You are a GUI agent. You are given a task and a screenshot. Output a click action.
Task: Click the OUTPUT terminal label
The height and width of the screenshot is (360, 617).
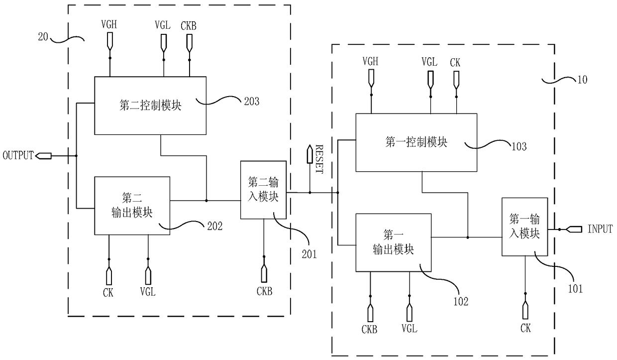pos(18,155)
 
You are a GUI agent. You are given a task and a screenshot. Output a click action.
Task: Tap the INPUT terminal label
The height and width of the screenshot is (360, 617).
pos(600,229)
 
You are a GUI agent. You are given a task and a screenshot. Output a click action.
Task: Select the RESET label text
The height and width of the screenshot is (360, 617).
pos(319,159)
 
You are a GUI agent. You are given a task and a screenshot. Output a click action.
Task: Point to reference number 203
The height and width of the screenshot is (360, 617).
pos(252,102)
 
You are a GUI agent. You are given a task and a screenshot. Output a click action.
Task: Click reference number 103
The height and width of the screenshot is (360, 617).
pos(519,146)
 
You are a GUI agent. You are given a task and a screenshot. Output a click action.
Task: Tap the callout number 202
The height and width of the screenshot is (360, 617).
pos(215,227)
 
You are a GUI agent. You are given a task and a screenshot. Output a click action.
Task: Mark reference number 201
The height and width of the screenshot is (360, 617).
pos(309,254)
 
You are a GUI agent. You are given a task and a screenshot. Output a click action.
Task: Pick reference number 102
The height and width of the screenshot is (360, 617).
pos(461,302)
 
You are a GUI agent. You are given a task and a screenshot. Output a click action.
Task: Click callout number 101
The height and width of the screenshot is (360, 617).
pos(576,289)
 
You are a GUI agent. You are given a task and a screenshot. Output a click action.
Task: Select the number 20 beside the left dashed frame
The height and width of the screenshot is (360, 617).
pos(43,37)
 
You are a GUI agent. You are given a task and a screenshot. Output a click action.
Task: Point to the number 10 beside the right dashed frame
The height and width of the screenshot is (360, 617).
pos(582,80)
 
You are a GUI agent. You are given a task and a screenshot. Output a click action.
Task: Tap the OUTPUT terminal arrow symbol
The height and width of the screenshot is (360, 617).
pos(43,156)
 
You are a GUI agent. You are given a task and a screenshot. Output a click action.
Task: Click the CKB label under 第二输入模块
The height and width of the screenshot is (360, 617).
pos(264,291)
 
